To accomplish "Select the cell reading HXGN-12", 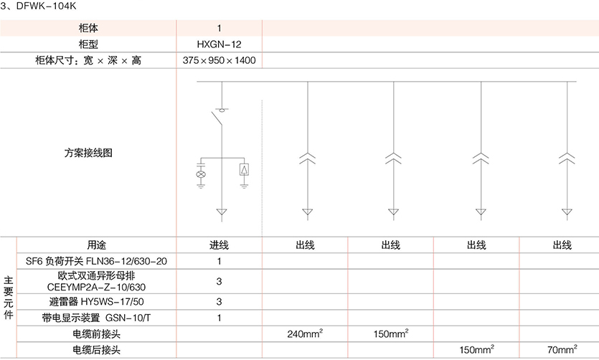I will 219,44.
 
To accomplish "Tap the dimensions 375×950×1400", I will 219,61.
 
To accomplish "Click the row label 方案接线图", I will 88,153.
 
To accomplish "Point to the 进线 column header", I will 219,245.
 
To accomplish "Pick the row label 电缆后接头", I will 96,351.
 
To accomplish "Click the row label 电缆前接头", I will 96,334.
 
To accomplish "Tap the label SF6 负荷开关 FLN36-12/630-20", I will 96,261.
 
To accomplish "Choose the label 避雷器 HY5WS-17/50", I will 96,301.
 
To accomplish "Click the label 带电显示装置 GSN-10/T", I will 96,317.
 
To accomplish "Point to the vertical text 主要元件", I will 8,297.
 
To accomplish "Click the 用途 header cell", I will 96,245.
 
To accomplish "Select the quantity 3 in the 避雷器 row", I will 219,301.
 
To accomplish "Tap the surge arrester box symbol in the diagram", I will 245,170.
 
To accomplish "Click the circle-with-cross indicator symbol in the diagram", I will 202,174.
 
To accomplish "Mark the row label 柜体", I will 88,29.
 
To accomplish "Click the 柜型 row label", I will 88,44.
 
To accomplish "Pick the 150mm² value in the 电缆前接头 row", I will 391,333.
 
